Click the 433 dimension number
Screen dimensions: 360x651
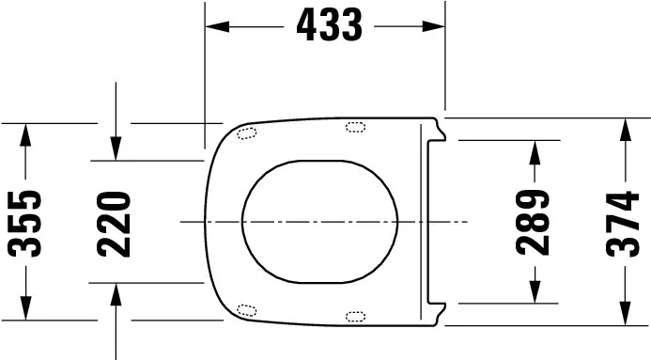[328, 26]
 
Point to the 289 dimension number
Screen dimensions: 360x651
[534, 222]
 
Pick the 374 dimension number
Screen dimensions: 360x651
[623, 222]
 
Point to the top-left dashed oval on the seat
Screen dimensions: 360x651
[248, 133]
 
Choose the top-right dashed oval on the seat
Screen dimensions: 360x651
[356, 127]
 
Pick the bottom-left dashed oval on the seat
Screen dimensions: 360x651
[248, 309]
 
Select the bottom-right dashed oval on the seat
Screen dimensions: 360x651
[356, 316]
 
